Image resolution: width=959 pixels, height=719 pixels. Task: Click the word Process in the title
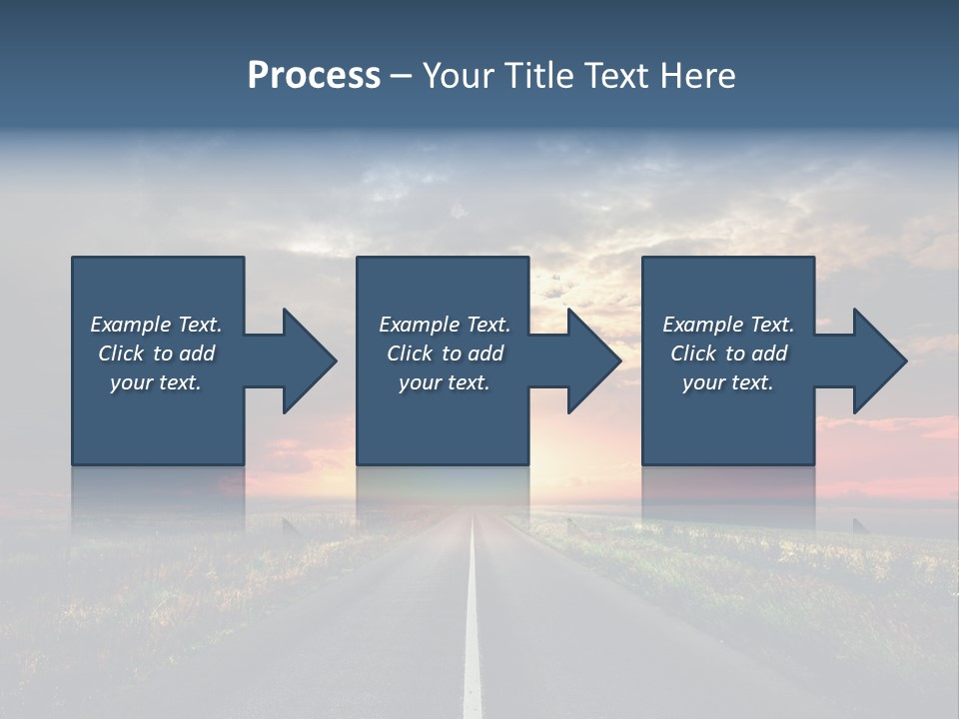pyautogui.click(x=314, y=76)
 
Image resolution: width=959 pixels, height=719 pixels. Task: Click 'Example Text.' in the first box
pyautogui.click(x=156, y=325)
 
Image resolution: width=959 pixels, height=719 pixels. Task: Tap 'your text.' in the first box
pyautogui.click(x=156, y=382)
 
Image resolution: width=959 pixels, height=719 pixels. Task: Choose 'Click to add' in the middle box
pyautogui.click(x=445, y=354)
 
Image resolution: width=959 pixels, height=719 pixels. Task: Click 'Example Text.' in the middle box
pyautogui.click(x=445, y=325)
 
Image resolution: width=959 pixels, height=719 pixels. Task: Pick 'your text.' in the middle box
pyautogui.click(x=445, y=382)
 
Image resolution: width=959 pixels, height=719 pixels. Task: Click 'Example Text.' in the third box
pyautogui.click(x=728, y=325)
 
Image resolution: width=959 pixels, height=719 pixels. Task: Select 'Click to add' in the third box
pyautogui.click(x=728, y=354)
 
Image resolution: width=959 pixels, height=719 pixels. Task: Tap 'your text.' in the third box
pyautogui.click(x=728, y=382)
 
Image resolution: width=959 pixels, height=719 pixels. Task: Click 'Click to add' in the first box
pyautogui.click(x=156, y=354)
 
